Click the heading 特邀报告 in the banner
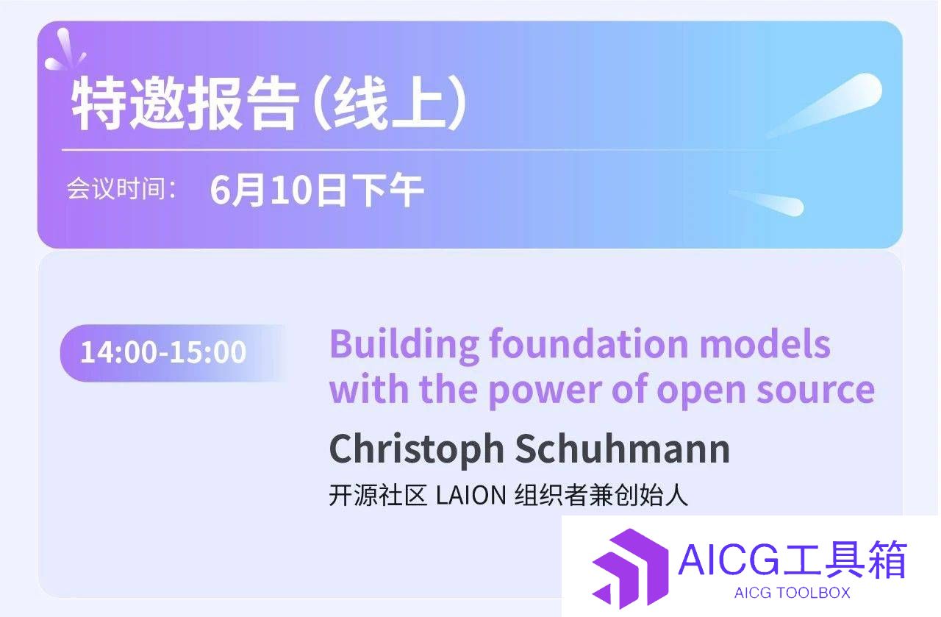pos(185,104)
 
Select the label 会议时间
pos(116,189)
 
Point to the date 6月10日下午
pos(317,190)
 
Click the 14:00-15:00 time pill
pos(172,353)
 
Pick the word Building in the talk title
pos(404,345)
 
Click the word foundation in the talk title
pos(589,344)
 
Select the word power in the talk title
pos(545,392)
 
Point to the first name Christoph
pos(417,450)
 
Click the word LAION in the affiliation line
pos(471,495)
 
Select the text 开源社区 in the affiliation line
pos(378,495)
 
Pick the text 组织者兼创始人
pos(601,495)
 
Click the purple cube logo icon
pos(630,568)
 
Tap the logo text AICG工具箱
pos(792,560)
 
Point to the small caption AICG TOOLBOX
pos(792,593)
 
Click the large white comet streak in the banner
pos(824,105)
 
